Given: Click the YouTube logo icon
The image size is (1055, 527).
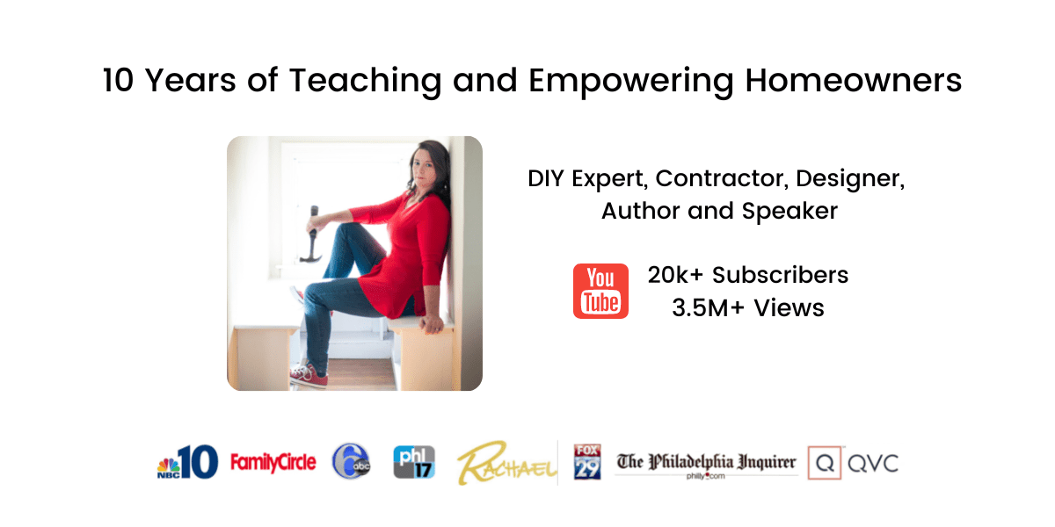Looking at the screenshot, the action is tap(600, 291).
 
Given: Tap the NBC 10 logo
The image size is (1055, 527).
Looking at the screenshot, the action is tap(187, 462).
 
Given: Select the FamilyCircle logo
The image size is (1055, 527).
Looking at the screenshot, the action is tap(273, 463).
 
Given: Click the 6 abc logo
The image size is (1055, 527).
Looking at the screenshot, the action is tap(352, 461).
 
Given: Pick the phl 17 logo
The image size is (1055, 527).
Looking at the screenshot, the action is tap(414, 462).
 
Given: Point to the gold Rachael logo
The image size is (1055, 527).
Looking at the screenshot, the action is tap(506, 463).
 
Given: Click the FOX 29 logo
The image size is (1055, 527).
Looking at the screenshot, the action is tap(587, 462).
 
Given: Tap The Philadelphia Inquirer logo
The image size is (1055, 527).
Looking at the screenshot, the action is tap(706, 465).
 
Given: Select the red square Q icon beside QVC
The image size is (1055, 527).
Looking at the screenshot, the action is tap(825, 463).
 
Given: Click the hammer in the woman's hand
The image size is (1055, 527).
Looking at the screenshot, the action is tap(313, 234).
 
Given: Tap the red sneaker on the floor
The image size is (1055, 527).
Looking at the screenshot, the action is tap(309, 376).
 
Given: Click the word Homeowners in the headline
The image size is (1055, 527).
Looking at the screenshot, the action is tap(854, 81).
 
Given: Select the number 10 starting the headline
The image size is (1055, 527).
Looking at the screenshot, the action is tap(118, 81).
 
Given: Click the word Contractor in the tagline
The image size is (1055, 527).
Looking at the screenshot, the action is tap(722, 178).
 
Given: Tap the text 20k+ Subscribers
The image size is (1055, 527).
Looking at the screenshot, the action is tap(748, 275).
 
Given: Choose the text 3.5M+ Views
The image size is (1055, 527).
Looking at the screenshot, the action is tap(748, 307).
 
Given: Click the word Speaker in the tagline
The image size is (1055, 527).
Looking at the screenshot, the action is tap(789, 212).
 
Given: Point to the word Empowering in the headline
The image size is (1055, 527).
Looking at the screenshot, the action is tap(631, 82).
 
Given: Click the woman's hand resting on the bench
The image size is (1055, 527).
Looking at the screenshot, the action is tap(432, 324).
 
